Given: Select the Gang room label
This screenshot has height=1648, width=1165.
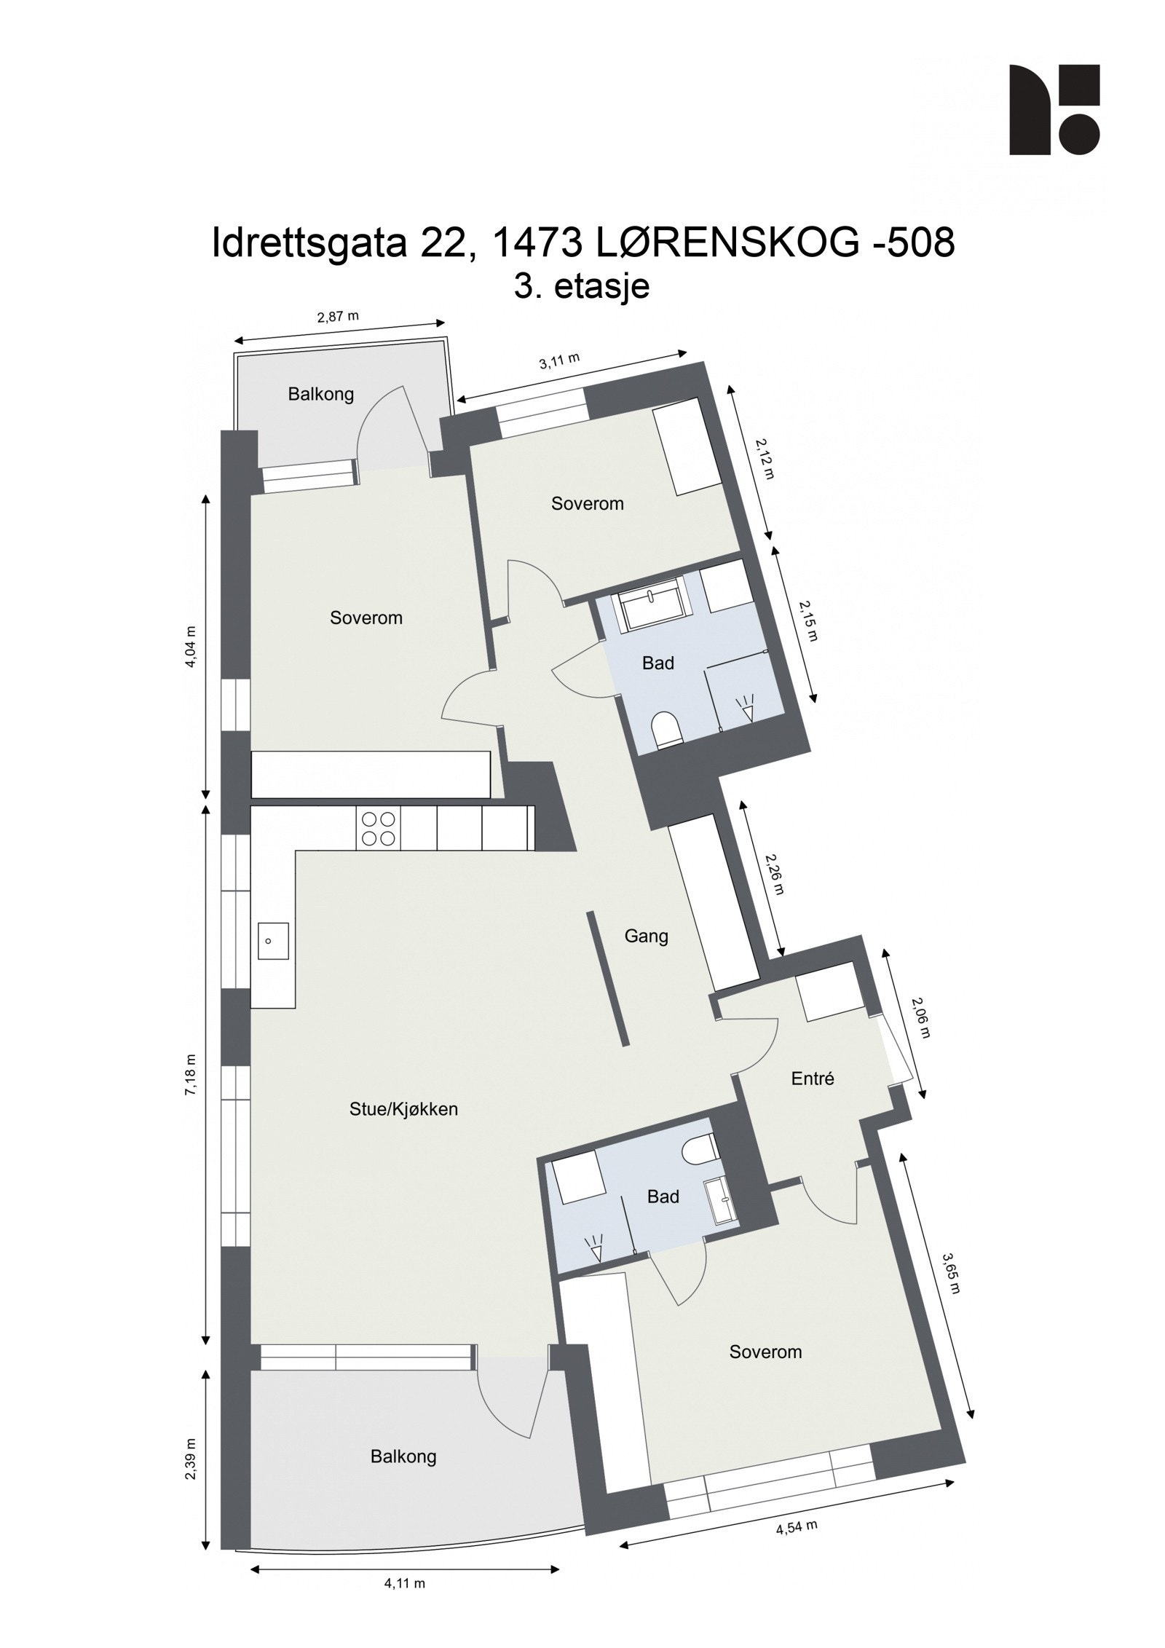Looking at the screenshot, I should [x=646, y=936].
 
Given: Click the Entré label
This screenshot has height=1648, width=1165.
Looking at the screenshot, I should [x=812, y=1079].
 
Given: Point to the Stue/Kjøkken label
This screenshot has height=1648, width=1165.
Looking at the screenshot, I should [x=403, y=1109].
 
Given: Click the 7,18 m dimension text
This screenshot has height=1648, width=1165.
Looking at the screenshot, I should [x=191, y=1074].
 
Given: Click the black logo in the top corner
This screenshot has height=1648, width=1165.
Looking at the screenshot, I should [x=1054, y=109].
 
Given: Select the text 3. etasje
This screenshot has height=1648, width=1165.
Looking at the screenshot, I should [x=581, y=286].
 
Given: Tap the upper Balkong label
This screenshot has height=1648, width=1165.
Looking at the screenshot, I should [x=321, y=395].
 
